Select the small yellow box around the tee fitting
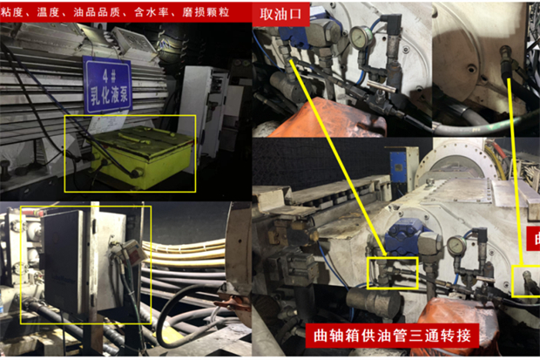pos(392,272)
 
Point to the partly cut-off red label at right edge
pos(533,239)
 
